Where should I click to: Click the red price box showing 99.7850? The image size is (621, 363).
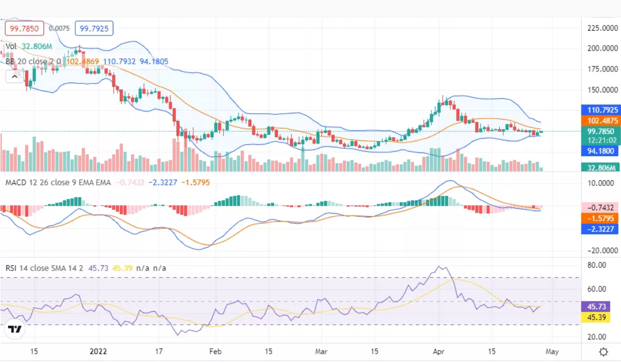24,28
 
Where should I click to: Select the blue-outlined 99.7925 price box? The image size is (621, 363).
94,28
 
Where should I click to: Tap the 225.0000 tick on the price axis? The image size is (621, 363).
600,28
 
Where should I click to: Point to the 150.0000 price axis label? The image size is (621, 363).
600,90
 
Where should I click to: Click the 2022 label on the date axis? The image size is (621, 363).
98,352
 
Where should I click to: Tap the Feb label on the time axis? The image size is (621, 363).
215,352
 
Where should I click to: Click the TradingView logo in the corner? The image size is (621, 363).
14,330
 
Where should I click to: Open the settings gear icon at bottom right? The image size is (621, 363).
603,352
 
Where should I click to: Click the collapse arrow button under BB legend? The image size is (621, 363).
14,77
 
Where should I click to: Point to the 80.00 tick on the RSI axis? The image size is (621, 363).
596,265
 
